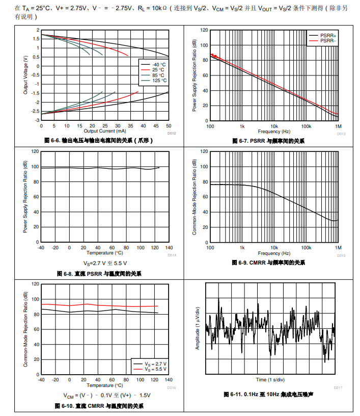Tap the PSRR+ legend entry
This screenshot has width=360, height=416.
pyautogui.click(x=328, y=35)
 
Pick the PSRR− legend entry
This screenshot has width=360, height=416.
pyautogui.click(x=328, y=40)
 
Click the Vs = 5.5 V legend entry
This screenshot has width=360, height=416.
pyautogui.click(x=156, y=369)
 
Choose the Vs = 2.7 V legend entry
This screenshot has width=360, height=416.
pyautogui.click(x=156, y=363)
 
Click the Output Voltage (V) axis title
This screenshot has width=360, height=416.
pyautogui.click(x=26, y=75)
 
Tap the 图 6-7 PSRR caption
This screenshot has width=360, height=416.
pyautogui.click(x=268, y=141)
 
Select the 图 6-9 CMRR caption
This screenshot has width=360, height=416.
pyautogui.click(x=268, y=263)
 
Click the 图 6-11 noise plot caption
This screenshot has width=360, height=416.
pyautogui.click(x=268, y=394)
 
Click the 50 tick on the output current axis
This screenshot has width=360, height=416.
pyautogui.click(x=169, y=126)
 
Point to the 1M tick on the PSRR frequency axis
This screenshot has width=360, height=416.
pyautogui.click(x=338, y=126)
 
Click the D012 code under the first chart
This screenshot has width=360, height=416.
pyautogui.click(x=172, y=134)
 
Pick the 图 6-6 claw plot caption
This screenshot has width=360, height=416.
pyautogui.click(x=99, y=141)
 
